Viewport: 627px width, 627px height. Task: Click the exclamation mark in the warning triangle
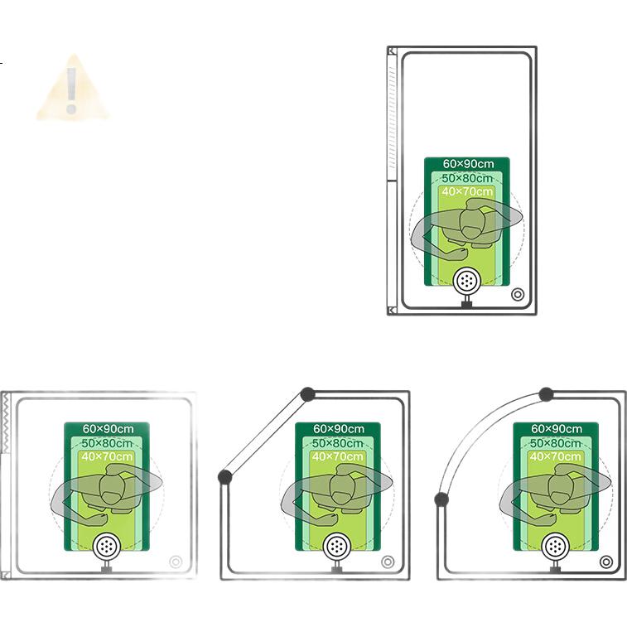tap(71, 91)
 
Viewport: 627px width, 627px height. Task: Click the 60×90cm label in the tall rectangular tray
tap(468, 164)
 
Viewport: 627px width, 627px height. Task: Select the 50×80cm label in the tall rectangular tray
tap(467, 178)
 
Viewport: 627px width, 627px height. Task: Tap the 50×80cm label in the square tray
tap(107, 443)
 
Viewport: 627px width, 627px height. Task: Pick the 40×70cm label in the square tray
tap(107, 456)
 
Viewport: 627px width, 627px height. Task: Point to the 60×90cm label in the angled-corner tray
tap(339, 429)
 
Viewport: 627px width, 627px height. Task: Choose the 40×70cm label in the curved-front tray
tap(556, 456)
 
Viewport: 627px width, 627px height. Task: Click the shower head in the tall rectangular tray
tap(466, 281)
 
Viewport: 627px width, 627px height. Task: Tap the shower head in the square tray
tap(106, 546)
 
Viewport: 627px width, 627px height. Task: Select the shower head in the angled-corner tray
tap(337, 546)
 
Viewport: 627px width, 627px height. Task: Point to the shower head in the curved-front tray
tap(555, 546)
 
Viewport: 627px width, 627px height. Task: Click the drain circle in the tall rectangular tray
tap(518, 295)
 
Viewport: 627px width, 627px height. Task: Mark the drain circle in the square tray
tap(176, 562)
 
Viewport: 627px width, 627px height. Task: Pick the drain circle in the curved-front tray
tap(606, 562)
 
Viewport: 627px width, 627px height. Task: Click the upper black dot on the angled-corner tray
tap(307, 394)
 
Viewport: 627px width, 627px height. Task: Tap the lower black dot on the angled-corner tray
tap(225, 476)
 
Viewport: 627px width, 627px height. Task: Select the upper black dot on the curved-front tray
tap(546, 394)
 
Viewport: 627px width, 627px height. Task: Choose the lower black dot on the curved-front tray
tap(441, 499)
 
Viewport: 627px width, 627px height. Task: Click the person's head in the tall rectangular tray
tap(472, 221)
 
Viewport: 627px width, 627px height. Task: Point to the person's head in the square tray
tap(112, 487)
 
